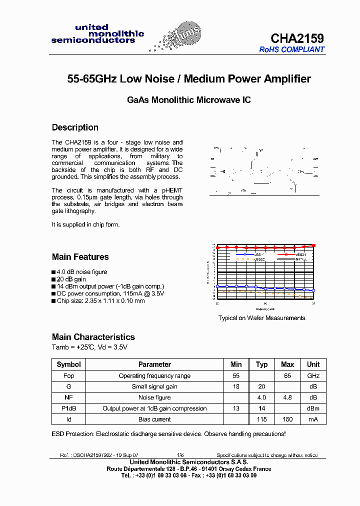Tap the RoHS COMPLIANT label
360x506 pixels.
[291, 49]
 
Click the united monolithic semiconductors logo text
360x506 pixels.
[97, 34]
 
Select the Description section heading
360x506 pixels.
[75, 127]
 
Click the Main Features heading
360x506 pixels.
[80, 257]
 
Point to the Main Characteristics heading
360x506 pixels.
[93, 337]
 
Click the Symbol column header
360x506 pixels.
[68, 364]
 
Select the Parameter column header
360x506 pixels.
[154, 364]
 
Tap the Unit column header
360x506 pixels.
[313, 364]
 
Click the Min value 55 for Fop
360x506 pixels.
[236, 375]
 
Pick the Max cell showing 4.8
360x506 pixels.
[287, 397]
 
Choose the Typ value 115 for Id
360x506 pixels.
[261, 419]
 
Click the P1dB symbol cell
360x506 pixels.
[68, 408]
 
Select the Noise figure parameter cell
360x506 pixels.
[154, 397]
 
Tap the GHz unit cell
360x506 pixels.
[313, 375]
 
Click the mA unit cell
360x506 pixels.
[313, 419]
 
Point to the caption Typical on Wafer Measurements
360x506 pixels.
[261, 318]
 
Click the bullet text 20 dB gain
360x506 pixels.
[71, 279]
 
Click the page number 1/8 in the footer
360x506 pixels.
[180, 455]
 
